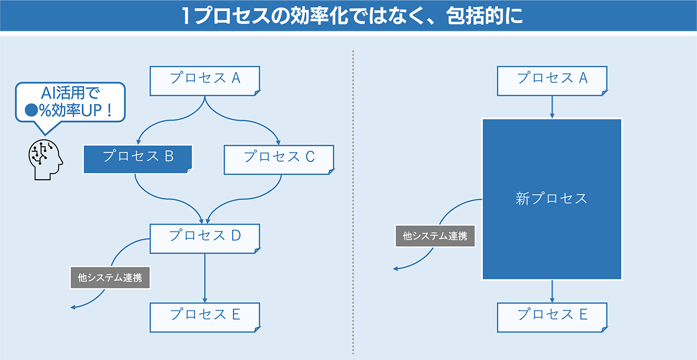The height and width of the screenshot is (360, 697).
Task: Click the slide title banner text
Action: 352,16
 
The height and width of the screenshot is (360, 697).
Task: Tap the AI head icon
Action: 46,159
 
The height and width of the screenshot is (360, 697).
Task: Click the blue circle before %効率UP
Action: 31,110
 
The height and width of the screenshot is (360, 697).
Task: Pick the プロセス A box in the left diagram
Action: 205,81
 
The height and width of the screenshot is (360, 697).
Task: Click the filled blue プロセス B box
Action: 138,159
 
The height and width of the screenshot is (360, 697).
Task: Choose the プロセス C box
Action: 279,160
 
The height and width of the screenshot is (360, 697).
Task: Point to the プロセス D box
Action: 205,239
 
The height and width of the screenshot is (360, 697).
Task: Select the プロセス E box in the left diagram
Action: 205,317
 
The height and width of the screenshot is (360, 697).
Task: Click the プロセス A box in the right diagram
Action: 552,81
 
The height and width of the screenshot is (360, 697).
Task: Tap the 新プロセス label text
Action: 551,199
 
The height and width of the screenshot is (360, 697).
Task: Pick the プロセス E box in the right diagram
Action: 552,317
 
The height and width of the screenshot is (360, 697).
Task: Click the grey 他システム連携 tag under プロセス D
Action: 110,278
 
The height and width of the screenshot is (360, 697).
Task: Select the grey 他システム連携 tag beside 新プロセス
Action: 435,236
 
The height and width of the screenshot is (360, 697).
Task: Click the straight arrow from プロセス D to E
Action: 205,278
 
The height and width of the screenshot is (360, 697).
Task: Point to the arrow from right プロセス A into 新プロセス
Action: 552,107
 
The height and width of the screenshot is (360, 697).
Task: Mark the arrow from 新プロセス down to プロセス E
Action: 552,291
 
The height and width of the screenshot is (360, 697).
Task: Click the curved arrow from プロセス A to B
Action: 172,120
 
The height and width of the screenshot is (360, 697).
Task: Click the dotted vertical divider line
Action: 353,202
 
